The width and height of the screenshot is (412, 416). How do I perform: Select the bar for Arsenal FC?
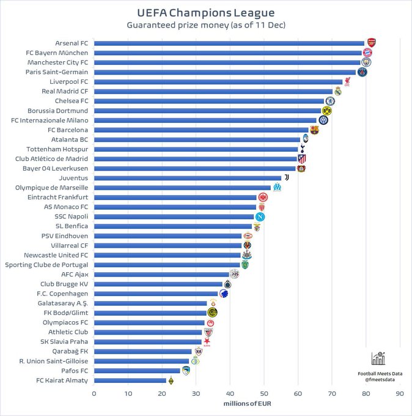tap(229, 43)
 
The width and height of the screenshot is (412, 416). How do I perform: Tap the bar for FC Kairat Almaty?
tap(130, 381)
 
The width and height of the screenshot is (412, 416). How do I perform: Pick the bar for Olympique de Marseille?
tap(182, 188)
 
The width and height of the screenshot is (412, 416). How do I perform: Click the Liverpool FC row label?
tap(68, 82)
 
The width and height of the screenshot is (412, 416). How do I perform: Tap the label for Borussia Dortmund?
tap(57, 111)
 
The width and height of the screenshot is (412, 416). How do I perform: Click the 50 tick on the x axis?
tap(264, 394)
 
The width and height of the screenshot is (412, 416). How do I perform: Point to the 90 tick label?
tap(400, 394)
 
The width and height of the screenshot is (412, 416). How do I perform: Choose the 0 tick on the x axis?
tap(94, 394)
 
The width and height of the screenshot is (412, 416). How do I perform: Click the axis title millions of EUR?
tap(247, 404)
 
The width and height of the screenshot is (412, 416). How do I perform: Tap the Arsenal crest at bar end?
tap(370, 43)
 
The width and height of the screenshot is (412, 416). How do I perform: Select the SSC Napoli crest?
tap(260, 217)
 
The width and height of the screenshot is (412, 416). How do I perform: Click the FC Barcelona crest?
tap(314, 130)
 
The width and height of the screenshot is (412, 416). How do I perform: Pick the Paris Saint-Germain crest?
tap(362, 72)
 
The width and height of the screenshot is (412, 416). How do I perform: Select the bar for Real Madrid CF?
tap(213, 91)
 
